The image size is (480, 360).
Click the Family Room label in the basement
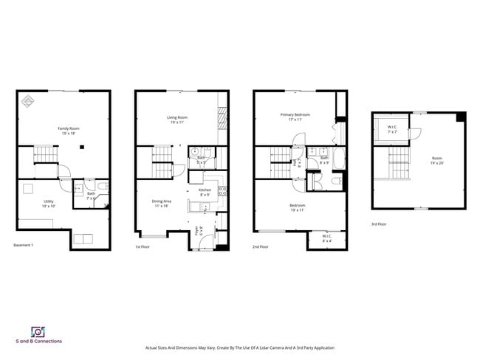[69, 131]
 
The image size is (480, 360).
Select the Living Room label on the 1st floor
[176, 120]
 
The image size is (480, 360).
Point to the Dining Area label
[161, 203]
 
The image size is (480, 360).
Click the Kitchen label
[205, 192]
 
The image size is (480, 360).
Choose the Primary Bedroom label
[295, 117]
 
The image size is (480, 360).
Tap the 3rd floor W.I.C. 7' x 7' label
[392, 130]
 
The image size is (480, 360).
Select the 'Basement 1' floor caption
[24, 246]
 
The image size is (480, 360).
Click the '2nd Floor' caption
[261, 246]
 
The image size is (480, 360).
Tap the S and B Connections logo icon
[38, 331]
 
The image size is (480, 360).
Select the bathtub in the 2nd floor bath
[339, 158]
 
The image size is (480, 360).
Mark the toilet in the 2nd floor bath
[335, 181]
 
